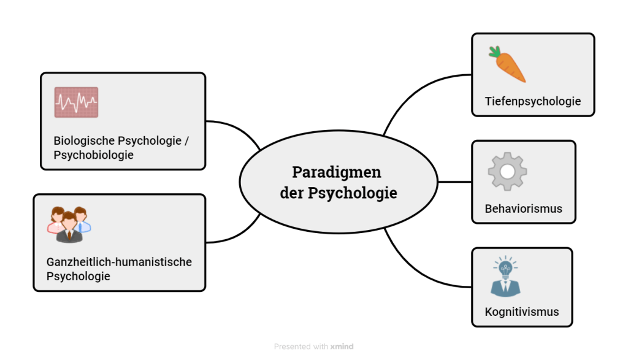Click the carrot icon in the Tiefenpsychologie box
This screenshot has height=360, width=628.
point(508,65)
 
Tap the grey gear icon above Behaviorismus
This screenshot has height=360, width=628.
point(507,171)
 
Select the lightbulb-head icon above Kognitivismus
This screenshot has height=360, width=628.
point(505,277)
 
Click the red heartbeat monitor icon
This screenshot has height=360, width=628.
point(76,102)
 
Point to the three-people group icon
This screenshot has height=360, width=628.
point(69,224)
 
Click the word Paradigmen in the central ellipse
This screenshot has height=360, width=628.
point(336,172)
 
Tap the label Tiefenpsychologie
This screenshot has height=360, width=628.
point(532,101)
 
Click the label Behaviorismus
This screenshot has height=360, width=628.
point(523,209)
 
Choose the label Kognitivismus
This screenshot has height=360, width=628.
point(521,312)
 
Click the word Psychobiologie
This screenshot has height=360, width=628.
point(93,155)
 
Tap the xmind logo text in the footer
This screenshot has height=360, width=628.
point(342,347)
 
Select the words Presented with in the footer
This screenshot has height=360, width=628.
point(301,347)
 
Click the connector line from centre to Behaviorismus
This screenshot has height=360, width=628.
point(454,182)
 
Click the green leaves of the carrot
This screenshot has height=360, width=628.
point(494,52)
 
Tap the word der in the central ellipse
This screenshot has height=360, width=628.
point(292,193)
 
